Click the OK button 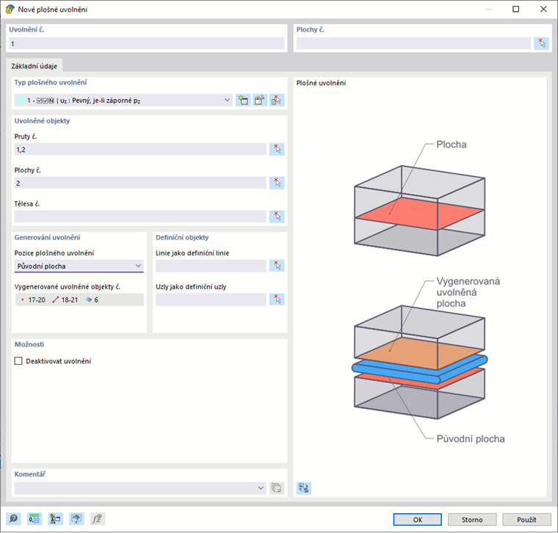pos(417,519)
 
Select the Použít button pos(526,519)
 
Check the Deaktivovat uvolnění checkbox pos(19,361)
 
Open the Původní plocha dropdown pos(79,266)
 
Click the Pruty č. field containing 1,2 pos(139,149)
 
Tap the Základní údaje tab pos(35,66)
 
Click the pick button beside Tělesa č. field pos(277,216)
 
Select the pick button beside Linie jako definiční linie pos(277,266)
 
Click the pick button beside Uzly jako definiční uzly pos(277,299)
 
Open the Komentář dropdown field pos(139,487)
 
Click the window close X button pos(541,9)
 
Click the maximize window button pos(515,9)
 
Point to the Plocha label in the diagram pos(452,145)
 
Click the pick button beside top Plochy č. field pos(541,43)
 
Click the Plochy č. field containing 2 pos(139,183)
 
